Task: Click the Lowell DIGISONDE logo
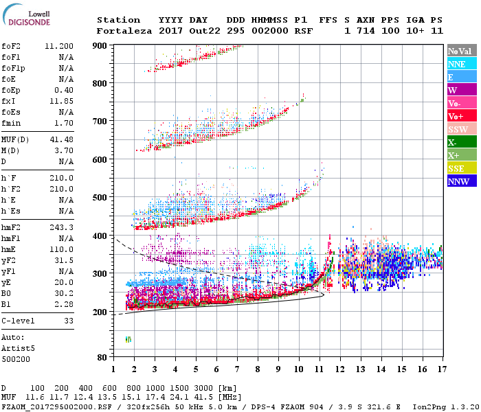[x=25, y=17]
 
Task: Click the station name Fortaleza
[x=124, y=31]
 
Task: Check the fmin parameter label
[x=12, y=123]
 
